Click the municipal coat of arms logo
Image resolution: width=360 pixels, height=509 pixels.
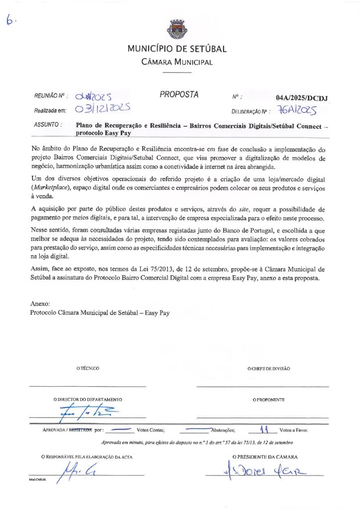point(177,29)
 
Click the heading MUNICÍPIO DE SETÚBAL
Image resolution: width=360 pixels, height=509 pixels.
point(177,49)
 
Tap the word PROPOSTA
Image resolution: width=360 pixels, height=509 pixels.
point(179,94)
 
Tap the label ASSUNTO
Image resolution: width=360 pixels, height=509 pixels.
point(48,125)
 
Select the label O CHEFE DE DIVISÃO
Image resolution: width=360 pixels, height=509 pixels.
point(269,368)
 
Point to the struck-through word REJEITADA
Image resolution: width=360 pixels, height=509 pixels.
point(81,430)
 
